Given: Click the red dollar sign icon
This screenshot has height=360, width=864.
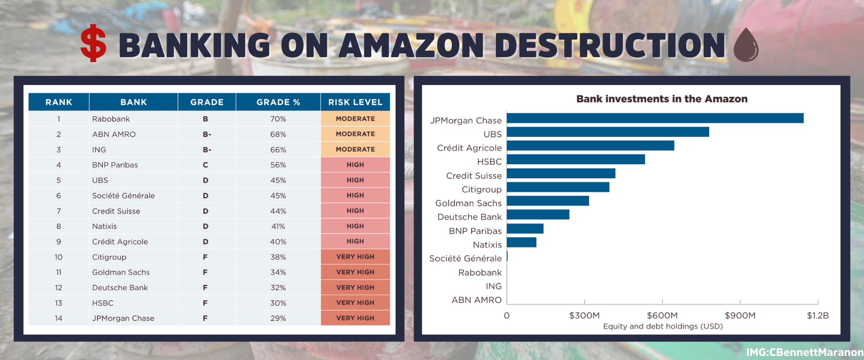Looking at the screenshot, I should coord(93,43).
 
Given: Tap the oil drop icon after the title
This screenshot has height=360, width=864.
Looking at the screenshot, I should coord(746,45).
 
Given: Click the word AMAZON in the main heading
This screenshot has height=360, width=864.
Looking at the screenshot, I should coord(411,45).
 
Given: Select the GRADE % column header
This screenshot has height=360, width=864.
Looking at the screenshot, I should coord(278,102).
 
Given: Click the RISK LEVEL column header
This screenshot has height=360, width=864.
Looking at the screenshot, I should coord(355,102).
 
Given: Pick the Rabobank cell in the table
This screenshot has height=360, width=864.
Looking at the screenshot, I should coord(111,119).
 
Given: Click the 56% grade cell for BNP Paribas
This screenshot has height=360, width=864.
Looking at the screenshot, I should coord(278,165).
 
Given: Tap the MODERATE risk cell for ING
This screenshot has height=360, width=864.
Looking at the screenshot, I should coord(355,149).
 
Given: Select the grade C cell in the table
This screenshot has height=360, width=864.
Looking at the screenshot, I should coord(205,165).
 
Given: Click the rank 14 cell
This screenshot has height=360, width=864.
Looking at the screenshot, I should coord(58,318).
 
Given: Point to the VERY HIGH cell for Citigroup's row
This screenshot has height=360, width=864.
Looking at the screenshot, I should coord(355,257).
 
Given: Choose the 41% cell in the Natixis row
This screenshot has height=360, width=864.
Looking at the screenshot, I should coord(278,226).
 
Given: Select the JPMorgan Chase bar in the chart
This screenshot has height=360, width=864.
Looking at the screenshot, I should coord(655,118).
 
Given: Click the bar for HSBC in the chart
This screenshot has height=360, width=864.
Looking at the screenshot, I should coord(576,159).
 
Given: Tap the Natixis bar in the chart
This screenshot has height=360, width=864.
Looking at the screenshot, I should coord(522,243).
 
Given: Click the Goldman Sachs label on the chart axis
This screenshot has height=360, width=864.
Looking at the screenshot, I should coord(468,203).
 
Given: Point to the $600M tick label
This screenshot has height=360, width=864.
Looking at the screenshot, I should coord(662,315).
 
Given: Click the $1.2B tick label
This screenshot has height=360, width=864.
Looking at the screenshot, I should coord(817,315).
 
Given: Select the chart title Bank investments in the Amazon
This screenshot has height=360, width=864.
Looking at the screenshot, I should coord(661,99).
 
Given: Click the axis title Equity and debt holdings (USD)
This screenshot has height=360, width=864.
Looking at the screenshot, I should coord(662,326).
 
